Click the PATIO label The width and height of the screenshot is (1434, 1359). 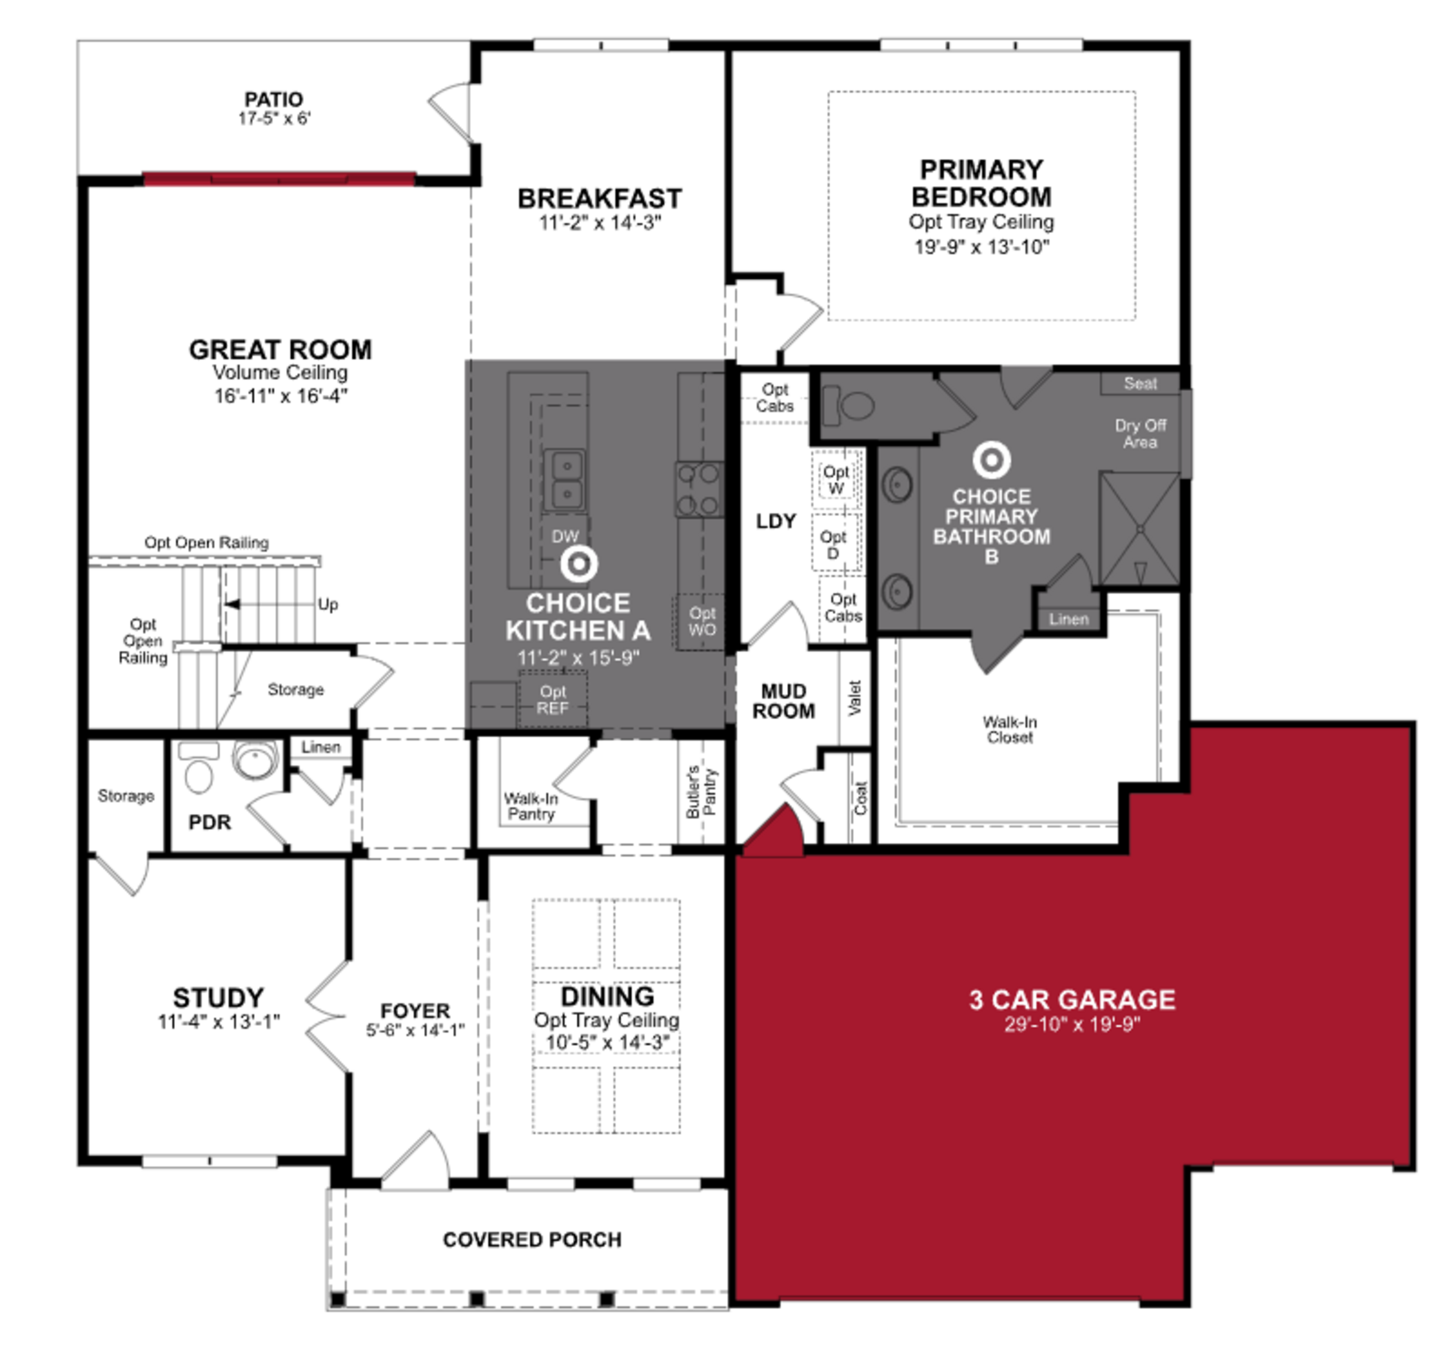[x=273, y=99]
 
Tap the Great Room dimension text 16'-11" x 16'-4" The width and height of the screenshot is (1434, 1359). [x=280, y=395]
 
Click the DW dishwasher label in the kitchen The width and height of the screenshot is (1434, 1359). [x=565, y=536]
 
